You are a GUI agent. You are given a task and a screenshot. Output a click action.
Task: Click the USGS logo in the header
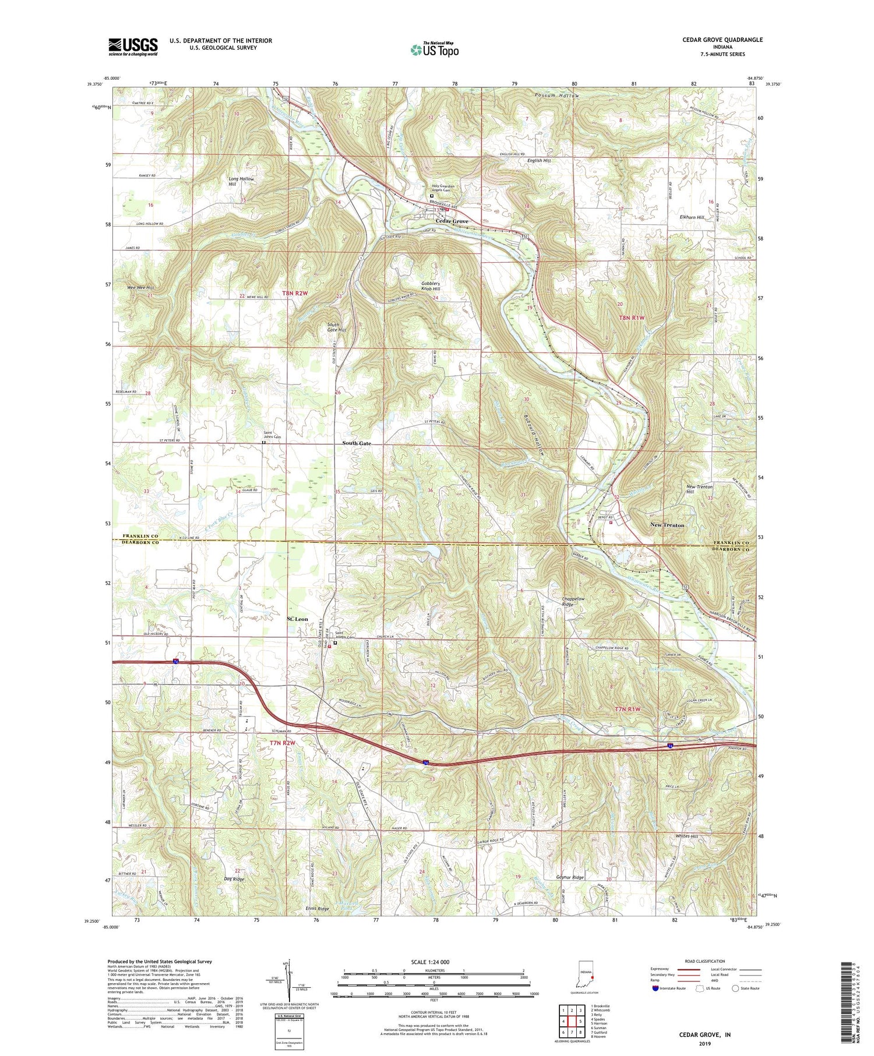pyautogui.click(x=133, y=47)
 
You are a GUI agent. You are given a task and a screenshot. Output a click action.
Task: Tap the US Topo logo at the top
pyautogui.click(x=434, y=50)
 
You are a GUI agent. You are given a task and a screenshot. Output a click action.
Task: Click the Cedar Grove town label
pyautogui.click(x=453, y=222)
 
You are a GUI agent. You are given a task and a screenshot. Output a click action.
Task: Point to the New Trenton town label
pyautogui.click(x=667, y=525)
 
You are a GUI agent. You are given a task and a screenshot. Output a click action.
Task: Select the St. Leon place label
pyautogui.click(x=297, y=619)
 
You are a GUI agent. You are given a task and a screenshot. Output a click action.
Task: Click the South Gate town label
pyautogui.click(x=357, y=443)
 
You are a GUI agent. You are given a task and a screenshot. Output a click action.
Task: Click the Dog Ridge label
pyautogui.click(x=233, y=879)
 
